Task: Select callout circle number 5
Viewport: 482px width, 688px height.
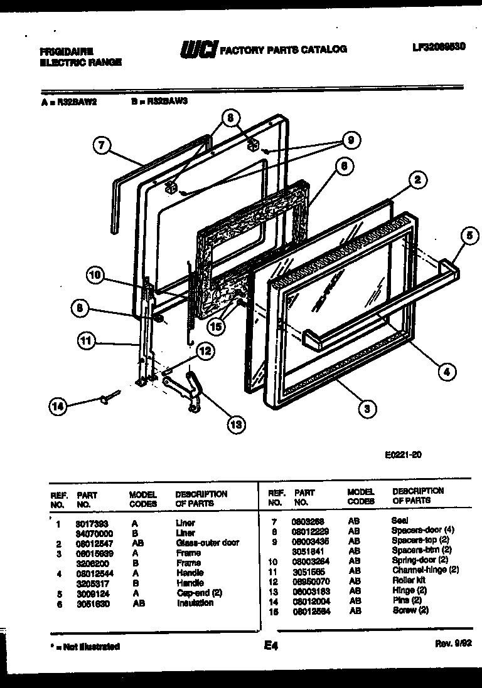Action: tap(468, 236)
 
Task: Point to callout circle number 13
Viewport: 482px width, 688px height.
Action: tap(235, 425)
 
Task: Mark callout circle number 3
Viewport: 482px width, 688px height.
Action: tap(367, 409)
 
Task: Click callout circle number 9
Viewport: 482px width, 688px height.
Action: tap(351, 140)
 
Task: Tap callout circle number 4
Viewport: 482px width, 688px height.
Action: tap(446, 372)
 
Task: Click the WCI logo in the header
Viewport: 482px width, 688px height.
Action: tap(198, 50)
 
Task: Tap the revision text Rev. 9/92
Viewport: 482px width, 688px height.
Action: tap(451, 644)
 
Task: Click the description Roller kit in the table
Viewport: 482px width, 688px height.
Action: tap(409, 580)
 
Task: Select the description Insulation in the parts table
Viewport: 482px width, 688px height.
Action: tap(195, 603)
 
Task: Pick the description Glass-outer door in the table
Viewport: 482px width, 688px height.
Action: tap(207, 543)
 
